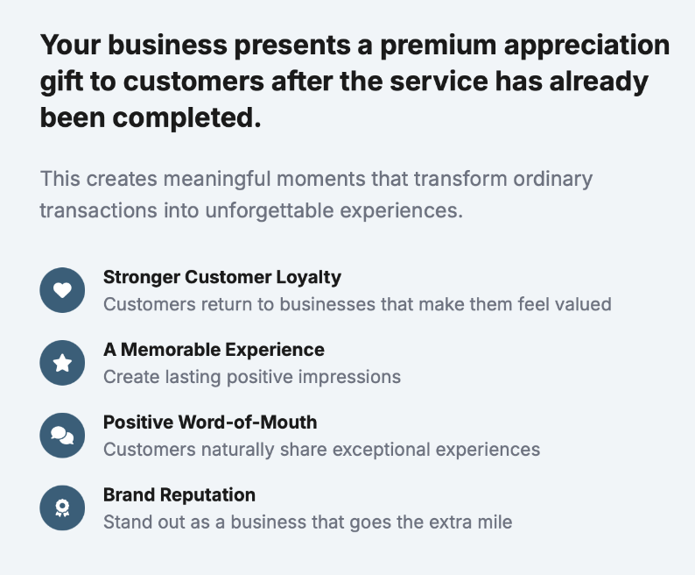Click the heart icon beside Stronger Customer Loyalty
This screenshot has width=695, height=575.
[x=62, y=290]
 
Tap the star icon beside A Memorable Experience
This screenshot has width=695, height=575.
[x=62, y=363]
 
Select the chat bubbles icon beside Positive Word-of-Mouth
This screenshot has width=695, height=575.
[x=62, y=435]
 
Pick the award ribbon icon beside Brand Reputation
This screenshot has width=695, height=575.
[x=62, y=508]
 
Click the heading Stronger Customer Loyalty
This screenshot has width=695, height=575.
[x=222, y=277]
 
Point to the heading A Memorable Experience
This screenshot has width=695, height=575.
[x=214, y=350]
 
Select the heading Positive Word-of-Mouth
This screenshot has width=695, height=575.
[x=210, y=422]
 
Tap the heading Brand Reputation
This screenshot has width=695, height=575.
[x=179, y=494]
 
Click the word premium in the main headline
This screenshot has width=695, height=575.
[x=438, y=46]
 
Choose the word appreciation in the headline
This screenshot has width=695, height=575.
[x=586, y=46]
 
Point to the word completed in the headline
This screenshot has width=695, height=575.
[x=186, y=118]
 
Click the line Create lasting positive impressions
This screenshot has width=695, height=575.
[x=252, y=377]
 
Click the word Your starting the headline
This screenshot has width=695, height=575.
[x=71, y=46]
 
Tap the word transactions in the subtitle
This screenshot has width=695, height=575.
[x=98, y=210]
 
